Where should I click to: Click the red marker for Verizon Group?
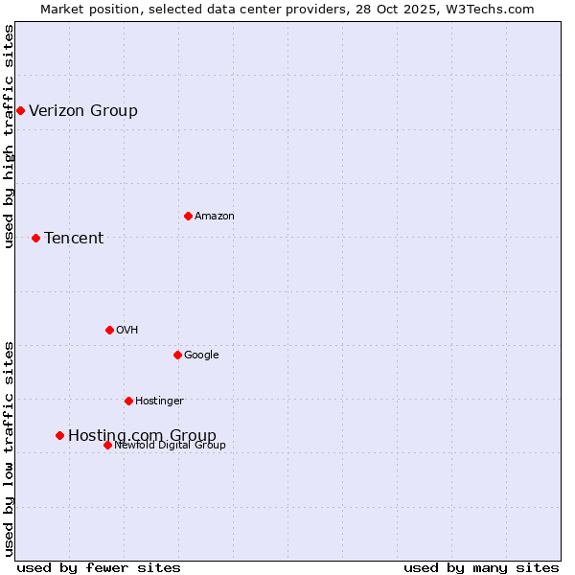point(20,111)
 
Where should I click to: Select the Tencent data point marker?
point(35,238)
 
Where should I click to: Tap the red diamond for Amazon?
point(188,216)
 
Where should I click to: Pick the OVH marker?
point(109,330)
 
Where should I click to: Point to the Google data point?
point(177,355)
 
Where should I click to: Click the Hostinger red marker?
point(128,401)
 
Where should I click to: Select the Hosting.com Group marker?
point(59,435)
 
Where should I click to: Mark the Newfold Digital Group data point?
point(107,445)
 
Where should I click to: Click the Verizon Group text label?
point(83,111)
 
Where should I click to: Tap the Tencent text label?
point(74,239)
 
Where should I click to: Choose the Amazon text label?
point(215,217)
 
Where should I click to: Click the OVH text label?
point(127,331)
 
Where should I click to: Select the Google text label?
point(201,356)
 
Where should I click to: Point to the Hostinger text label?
point(159,402)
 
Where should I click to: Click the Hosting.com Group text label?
point(142,436)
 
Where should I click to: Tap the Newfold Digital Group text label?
point(170,445)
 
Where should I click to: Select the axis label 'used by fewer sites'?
point(99,567)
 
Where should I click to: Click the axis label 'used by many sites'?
point(481,567)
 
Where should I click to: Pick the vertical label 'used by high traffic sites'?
point(9,136)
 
